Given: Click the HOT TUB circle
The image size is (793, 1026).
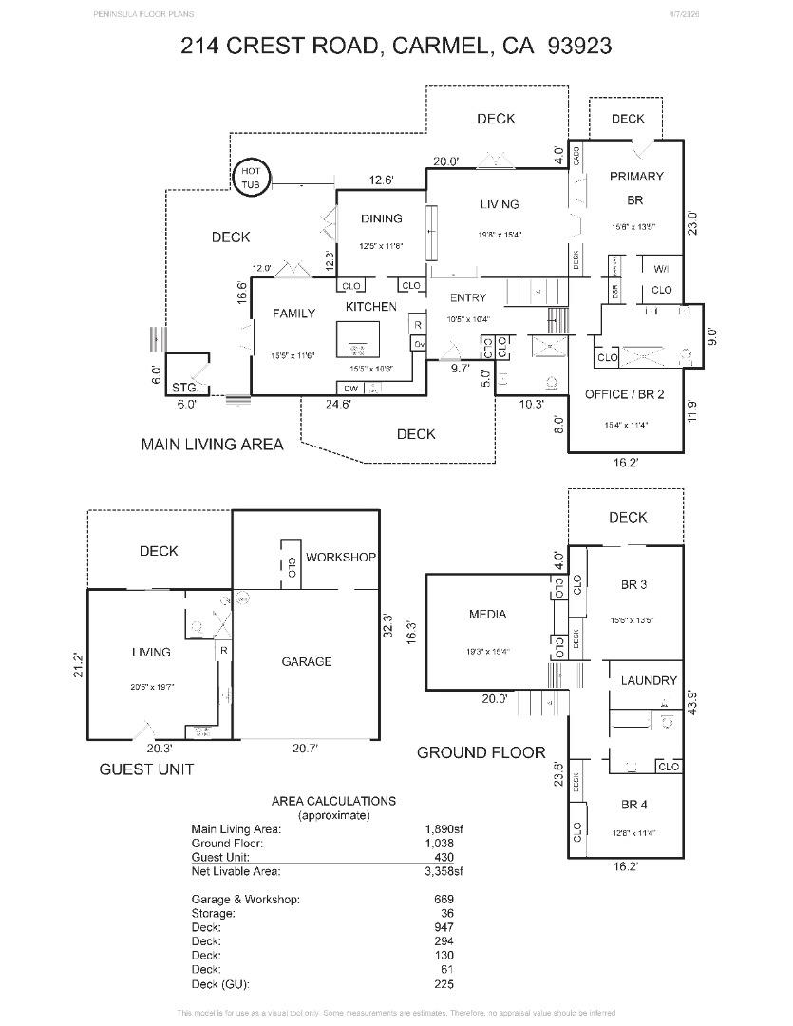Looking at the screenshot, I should (252, 178).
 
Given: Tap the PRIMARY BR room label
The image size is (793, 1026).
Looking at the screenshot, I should (636, 187).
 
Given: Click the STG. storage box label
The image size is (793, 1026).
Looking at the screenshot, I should (185, 388).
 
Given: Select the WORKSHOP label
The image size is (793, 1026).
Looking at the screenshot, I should (340, 557).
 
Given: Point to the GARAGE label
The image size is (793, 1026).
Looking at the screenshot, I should (306, 661).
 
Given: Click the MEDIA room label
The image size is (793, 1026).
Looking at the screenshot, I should (487, 614).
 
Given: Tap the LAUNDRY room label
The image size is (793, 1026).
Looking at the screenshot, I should (649, 680).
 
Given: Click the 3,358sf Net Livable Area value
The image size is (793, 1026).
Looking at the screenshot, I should (444, 870).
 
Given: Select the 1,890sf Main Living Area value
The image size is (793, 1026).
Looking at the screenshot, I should (444, 828).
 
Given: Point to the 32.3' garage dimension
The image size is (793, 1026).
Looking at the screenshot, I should (387, 628).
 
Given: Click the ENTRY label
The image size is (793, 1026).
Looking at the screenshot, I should (467, 297).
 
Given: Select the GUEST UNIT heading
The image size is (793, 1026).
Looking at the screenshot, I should (146, 769).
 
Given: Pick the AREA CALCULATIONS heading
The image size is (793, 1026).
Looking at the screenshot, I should (333, 801).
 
